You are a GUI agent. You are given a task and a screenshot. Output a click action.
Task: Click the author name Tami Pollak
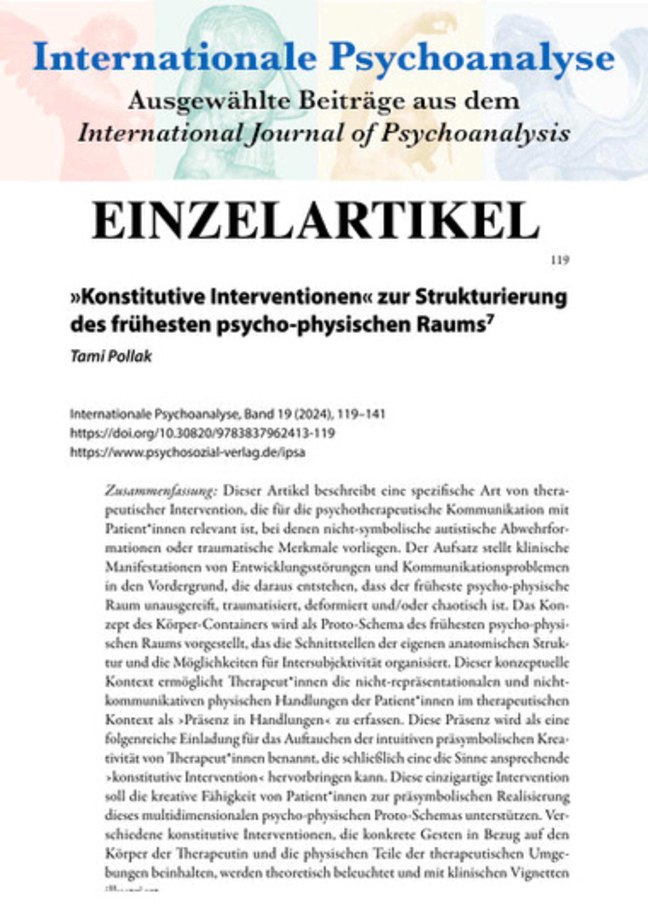pos(111,357)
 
